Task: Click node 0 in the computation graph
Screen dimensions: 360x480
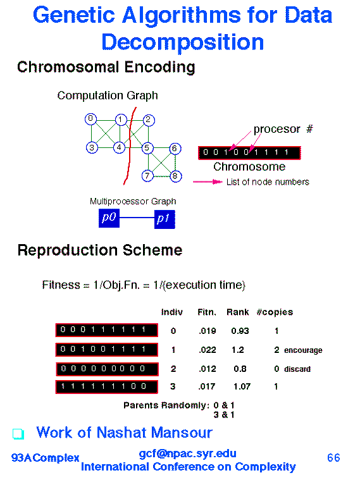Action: click(x=90, y=119)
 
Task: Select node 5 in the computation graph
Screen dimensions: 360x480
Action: click(x=147, y=148)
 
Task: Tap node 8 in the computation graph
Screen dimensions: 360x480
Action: click(x=175, y=176)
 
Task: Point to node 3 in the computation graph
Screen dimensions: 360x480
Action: click(x=92, y=148)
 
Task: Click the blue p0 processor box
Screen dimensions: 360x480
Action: click(x=109, y=218)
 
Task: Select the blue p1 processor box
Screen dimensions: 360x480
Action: click(x=164, y=219)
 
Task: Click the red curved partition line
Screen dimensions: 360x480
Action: click(x=130, y=145)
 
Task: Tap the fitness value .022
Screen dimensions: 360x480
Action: click(x=207, y=350)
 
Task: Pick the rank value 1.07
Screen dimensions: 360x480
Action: click(x=242, y=386)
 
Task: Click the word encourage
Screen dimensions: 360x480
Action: click(x=303, y=350)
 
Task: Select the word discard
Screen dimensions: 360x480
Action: click(x=297, y=369)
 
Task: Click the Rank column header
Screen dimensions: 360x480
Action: click(x=237, y=312)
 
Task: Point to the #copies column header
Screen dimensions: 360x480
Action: click(x=275, y=312)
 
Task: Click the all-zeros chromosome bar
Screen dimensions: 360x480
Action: click(x=107, y=369)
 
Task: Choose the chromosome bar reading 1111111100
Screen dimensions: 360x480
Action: click(x=107, y=386)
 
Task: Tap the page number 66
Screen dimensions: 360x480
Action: click(x=333, y=458)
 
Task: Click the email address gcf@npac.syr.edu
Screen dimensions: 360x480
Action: click(x=187, y=453)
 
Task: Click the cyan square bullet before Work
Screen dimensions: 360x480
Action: click(x=18, y=434)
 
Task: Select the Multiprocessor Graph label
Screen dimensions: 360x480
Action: click(x=133, y=202)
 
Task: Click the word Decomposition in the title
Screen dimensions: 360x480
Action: click(x=183, y=42)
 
